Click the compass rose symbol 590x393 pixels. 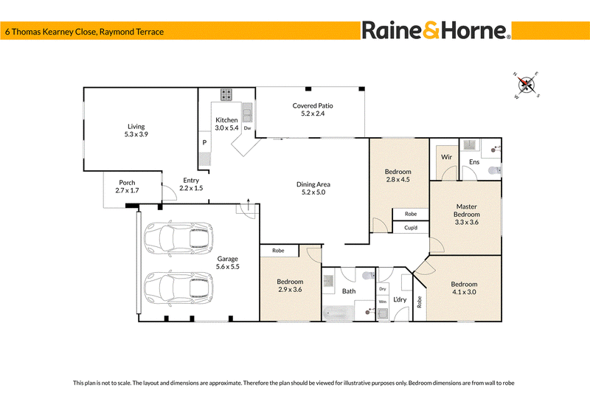point(527,85)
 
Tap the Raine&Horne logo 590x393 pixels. point(436,30)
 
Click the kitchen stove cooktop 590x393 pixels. point(226,94)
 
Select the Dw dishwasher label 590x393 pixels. point(247,128)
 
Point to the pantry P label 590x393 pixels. point(204,142)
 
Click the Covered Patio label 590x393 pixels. point(313,105)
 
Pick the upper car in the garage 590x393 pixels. point(178,238)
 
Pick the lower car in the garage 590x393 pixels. point(178,288)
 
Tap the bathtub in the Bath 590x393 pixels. point(339,313)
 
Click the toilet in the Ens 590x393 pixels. point(495,170)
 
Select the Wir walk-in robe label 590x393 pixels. point(446,157)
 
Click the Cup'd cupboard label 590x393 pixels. point(411,228)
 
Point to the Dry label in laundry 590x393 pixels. point(383,289)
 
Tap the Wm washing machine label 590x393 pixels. point(383,302)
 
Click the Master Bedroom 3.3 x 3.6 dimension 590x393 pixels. point(467,222)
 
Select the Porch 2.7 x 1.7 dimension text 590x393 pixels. point(127,190)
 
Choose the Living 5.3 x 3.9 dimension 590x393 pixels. point(136,134)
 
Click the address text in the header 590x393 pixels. point(84,32)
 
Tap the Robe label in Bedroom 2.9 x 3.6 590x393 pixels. point(278,251)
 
